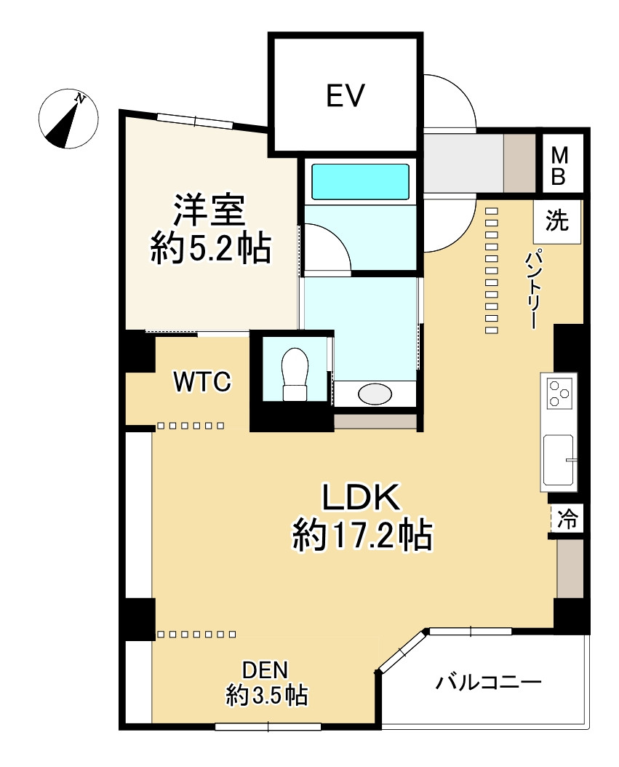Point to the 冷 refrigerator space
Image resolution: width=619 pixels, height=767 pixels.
pos(567,520)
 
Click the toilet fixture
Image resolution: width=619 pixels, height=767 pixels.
pos(295,374)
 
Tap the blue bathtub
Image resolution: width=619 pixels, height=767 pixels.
pos(360,181)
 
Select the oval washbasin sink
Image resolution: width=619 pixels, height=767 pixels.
pos(375,394)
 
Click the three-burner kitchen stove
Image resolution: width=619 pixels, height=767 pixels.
pos(559,393)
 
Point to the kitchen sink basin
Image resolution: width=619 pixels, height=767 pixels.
pos(558,458)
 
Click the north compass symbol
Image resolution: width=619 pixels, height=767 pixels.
pos(68,119)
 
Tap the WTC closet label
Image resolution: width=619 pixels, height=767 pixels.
pos(202,382)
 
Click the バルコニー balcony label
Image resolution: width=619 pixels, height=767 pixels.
pos(489,682)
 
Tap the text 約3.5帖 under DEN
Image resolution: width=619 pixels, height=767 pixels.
pos(266,695)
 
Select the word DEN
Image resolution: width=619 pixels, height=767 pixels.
pos(265,671)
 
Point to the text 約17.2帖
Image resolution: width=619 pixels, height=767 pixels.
pos(362,536)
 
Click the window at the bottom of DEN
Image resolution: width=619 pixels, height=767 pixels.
pos(268,726)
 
